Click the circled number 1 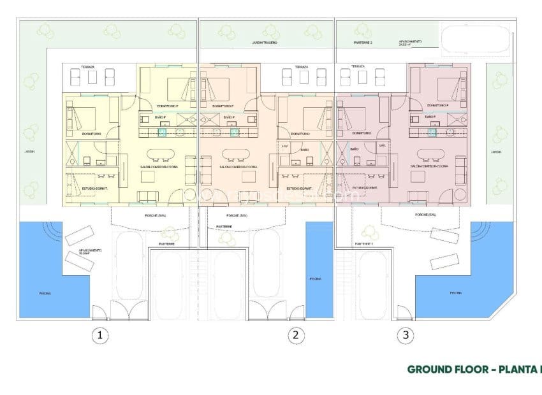pos(99,334)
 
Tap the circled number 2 pos(294,334)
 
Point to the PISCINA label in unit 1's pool pos(45,294)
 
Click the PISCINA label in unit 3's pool pos(455,292)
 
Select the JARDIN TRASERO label pos(263,43)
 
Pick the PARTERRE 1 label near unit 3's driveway pos(363,244)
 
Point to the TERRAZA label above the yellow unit pos(88,67)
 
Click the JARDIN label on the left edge pos(29,152)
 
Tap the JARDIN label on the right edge pos(497,152)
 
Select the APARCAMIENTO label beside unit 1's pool pos(89,251)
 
